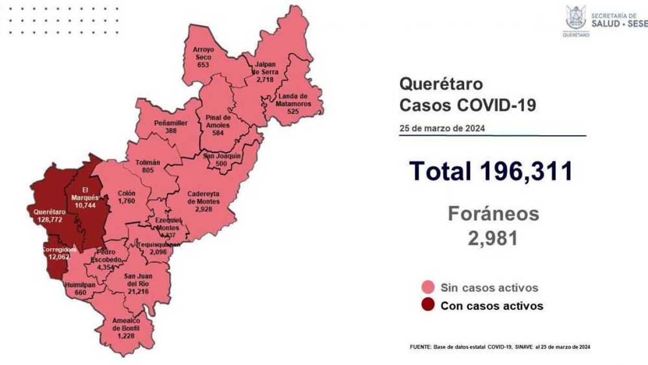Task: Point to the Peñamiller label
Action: [x=171, y=123]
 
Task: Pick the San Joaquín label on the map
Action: [x=222, y=156]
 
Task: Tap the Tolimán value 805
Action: [x=147, y=169]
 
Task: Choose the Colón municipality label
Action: [x=126, y=193]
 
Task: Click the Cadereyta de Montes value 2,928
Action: [x=204, y=209]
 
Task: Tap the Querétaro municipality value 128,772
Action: [x=49, y=220]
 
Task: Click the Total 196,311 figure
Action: [x=491, y=171]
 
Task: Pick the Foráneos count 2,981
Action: [x=492, y=238]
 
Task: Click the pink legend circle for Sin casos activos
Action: [x=428, y=287]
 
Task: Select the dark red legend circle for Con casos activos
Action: [x=428, y=306]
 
